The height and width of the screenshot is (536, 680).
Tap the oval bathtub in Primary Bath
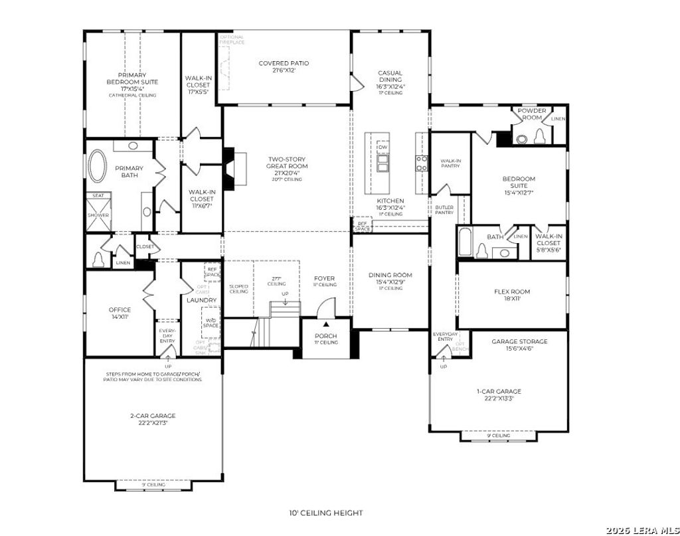tap(98, 166)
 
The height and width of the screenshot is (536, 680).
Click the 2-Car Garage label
tap(153, 419)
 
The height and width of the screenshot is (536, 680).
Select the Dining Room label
tap(390, 278)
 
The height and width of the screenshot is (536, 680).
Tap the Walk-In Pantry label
tap(450, 163)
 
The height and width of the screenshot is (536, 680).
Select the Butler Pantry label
tap(444, 210)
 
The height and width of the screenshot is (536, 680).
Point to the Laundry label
tap(201, 300)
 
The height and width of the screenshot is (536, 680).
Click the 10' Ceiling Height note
tap(325, 513)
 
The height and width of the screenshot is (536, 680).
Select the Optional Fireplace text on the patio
tap(232, 39)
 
